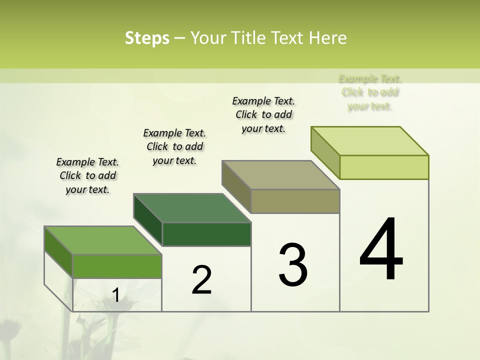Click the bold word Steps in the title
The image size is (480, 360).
pyautogui.click(x=147, y=38)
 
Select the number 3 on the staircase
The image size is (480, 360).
pyautogui.click(x=293, y=265)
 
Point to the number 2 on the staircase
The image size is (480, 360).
pyautogui.click(x=201, y=280)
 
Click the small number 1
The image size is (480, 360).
pyautogui.click(x=115, y=295)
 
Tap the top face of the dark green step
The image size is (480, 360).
pyautogui.click(x=192, y=208)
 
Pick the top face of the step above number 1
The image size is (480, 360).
pyautogui.click(x=103, y=240)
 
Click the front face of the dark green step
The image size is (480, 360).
pyautogui.click(x=206, y=234)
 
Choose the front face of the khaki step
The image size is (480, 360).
pyautogui.click(x=295, y=201)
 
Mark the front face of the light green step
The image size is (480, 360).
pyautogui.click(x=384, y=167)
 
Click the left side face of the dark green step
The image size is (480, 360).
pyautogui.click(x=148, y=220)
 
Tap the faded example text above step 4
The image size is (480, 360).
pyautogui.click(x=370, y=92)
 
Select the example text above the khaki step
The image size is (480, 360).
pyautogui.click(x=263, y=114)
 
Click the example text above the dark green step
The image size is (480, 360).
pyautogui.click(x=174, y=146)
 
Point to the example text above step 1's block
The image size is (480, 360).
pyautogui.click(x=87, y=175)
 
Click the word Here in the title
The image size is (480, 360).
pyautogui.click(x=327, y=38)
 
